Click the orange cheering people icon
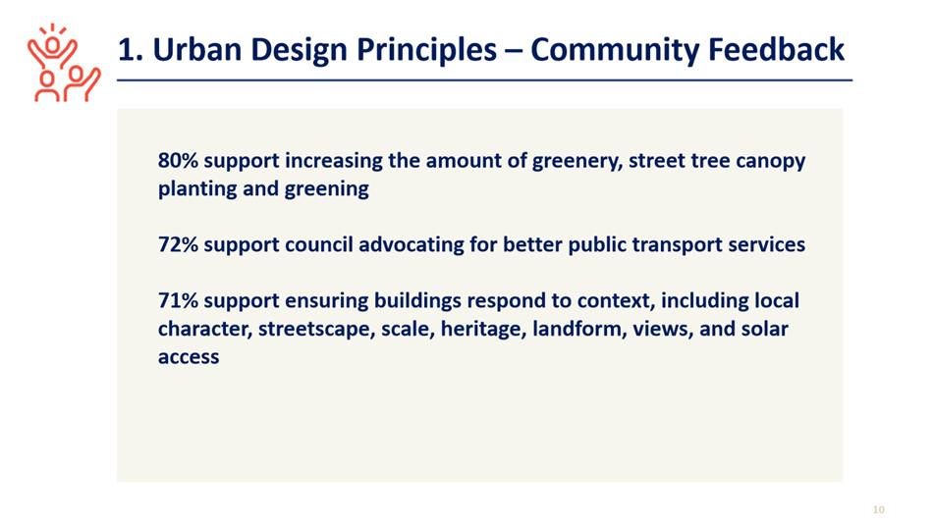64,63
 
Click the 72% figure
178,244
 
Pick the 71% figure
178,300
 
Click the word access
189,357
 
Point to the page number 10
879,509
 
